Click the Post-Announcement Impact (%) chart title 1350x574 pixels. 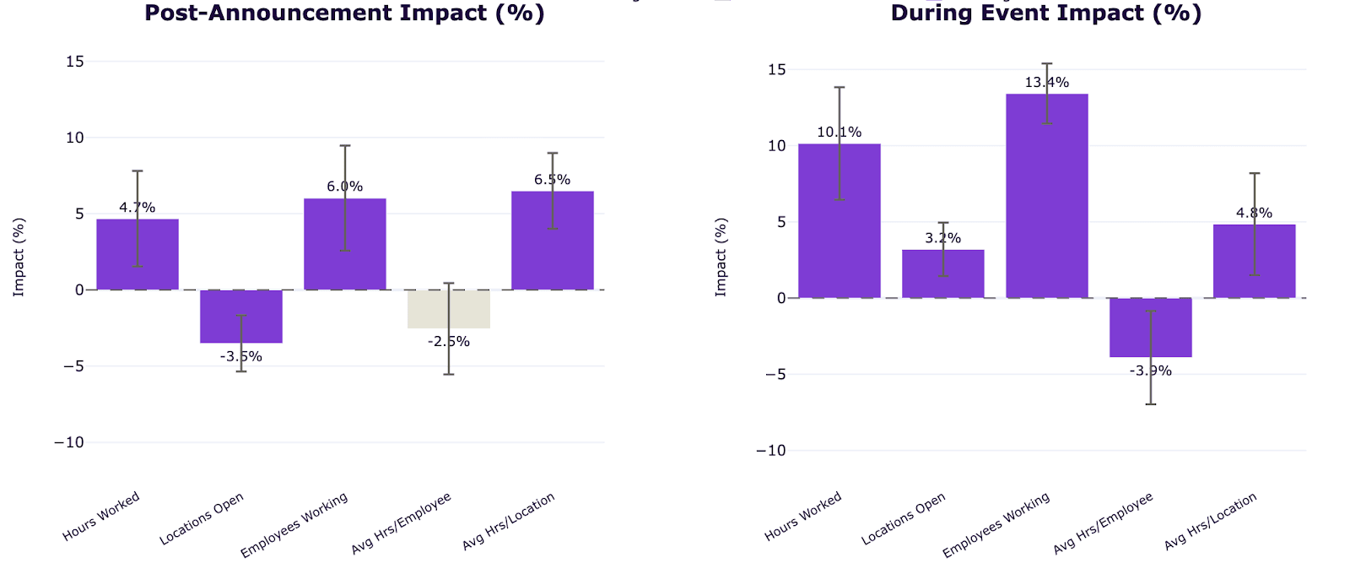point(344,14)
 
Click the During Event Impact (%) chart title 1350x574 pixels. point(1046,14)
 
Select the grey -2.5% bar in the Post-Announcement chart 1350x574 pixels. point(448,309)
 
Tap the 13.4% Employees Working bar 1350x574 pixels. point(1047,196)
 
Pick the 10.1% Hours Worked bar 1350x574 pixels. point(839,220)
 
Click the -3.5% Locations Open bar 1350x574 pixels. point(241,317)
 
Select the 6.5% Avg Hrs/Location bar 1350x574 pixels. point(552,241)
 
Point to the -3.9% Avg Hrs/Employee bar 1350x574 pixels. point(1151,328)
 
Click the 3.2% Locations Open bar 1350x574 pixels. point(942,273)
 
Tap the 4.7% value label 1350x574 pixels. point(138,208)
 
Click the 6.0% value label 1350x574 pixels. point(345,187)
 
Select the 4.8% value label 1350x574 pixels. point(1254,213)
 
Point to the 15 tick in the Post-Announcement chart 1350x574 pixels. point(75,62)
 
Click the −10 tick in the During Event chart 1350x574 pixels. point(771,451)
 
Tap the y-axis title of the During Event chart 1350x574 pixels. point(721,257)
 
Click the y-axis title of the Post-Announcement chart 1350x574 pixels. point(19,257)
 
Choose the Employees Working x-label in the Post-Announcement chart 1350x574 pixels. point(294,525)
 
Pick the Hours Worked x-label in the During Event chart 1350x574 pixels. point(802,516)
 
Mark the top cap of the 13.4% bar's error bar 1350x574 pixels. point(1047,63)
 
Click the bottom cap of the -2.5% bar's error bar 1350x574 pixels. point(448,375)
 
